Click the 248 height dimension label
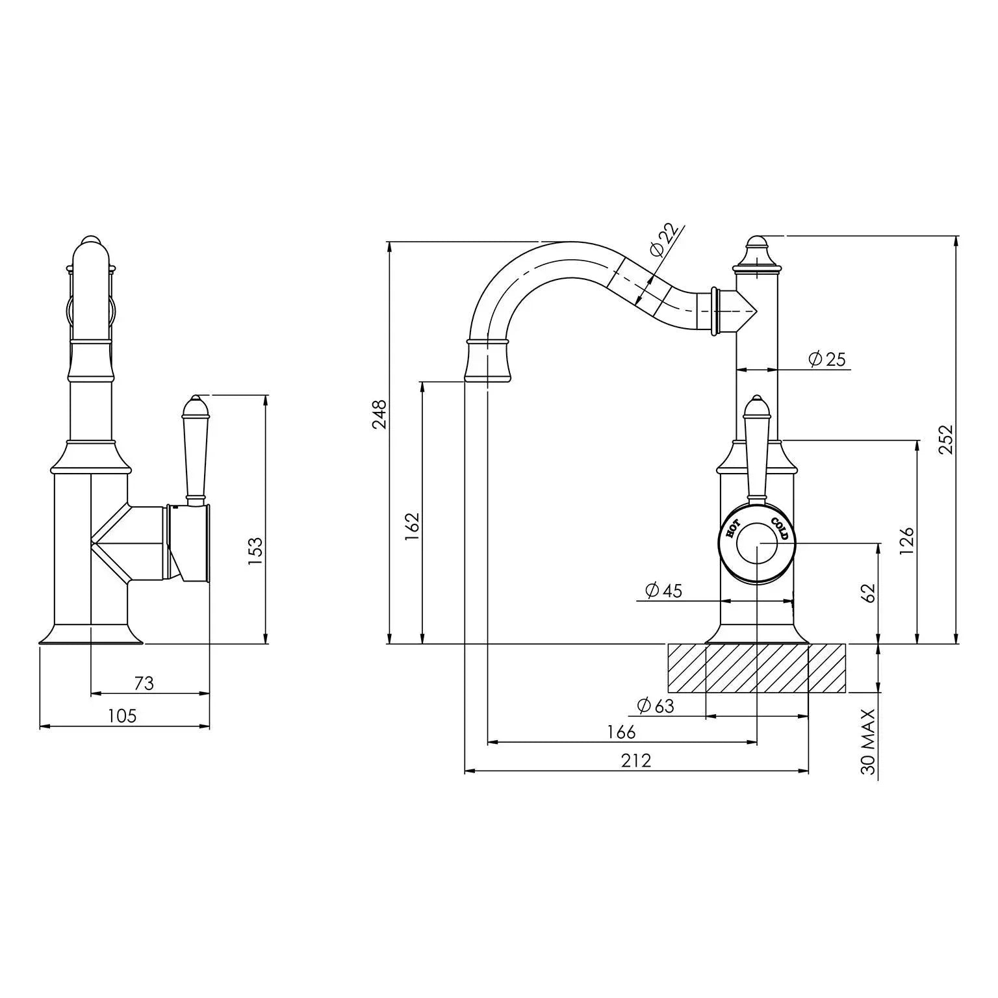[379, 415]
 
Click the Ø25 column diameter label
[827, 359]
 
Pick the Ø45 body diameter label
[663, 591]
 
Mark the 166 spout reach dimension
[621, 732]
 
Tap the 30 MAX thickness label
[869, 741]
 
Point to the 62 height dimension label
[870, 593]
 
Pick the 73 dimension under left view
[144, 684]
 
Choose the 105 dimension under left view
[122, 716]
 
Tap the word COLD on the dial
[780, 529]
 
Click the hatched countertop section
[757, 668]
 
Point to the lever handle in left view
[196, 448]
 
